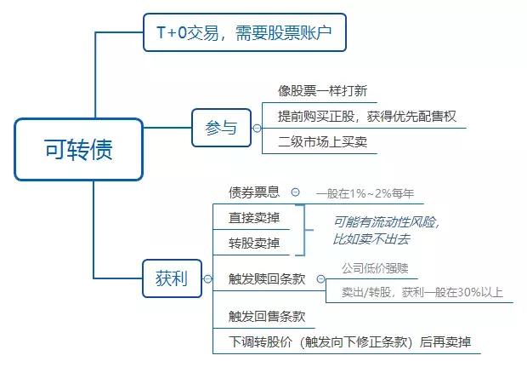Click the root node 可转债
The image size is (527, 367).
pos(79,149)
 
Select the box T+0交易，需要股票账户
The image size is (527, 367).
pos(245,32)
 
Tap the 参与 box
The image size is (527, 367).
pos(222,128)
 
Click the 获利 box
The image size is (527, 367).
pos(172,278)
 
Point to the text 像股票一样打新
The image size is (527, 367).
pos(322,91)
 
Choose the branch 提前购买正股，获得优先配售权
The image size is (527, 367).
pos(366,117)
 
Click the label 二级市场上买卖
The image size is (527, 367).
pos(322,141)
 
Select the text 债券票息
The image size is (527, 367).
pos(254,192)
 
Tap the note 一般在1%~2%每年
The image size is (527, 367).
pos(365,193)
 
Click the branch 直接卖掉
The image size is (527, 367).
pos(254,217)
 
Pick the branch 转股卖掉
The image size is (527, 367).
pos(254,243)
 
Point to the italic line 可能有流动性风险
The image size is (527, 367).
pos(387,222)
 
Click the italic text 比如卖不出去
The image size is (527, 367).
pos(371,239)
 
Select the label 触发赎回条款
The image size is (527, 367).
pos(267,278)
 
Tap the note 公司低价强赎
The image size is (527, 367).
pos(375,268)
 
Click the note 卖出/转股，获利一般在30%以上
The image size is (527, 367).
pos(422,292)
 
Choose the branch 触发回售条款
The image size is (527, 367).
pos(267,317)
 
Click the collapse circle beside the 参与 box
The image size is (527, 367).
pos(257,129)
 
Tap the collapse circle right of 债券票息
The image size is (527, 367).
pos(296,192)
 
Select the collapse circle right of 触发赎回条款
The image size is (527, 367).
pos(321,278)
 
